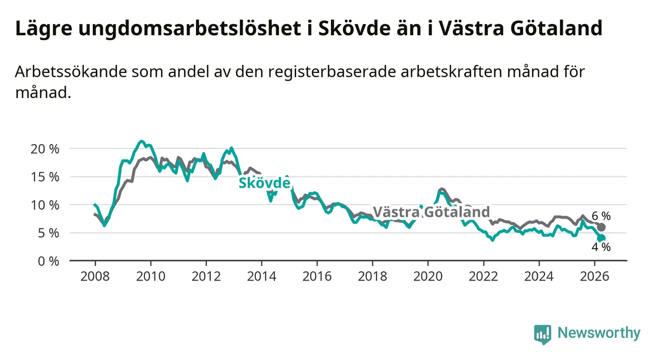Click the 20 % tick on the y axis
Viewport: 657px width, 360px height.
(45, 149)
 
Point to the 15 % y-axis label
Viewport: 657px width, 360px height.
(45, 177)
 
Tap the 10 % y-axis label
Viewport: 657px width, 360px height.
(45, 205)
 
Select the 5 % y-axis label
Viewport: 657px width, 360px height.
(49, 233)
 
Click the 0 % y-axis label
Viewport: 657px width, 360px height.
(49, 261)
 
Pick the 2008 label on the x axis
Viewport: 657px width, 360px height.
(95, 277)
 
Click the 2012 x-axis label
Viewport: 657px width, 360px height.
(206, 277)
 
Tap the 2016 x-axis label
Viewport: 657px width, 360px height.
(317, 277)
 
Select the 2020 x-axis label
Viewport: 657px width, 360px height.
(428, 277)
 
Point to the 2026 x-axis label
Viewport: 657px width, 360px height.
(595, 277)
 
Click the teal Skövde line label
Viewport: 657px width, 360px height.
(265, 183)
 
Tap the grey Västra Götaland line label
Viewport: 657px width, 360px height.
(431, 212)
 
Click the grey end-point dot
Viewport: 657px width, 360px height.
(601, 227)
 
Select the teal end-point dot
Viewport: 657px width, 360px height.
(601, 238)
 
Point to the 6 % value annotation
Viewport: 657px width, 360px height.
(601, 216)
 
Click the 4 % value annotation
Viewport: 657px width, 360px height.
(601, 247)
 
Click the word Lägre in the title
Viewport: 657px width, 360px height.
(44, 28)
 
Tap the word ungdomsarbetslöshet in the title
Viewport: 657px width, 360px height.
(190, 28)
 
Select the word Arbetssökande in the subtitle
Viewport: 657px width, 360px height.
(71, 72)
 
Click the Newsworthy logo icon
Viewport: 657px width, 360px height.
(543, 334)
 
